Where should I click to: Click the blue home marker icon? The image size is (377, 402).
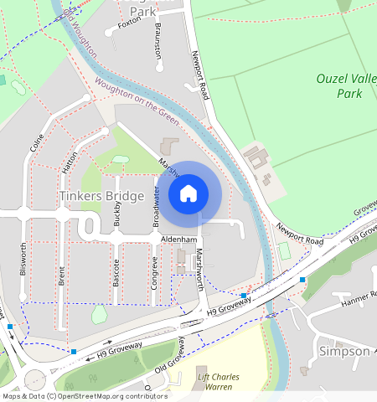[188, 193]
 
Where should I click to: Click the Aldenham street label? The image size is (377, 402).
[178, 240]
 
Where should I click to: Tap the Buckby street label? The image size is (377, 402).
[117, 214]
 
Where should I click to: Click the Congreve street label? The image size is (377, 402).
[154, 272]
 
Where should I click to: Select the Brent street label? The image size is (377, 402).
[62, 277]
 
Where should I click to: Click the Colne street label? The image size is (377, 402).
[36, 142]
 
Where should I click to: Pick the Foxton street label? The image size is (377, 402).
[129, 23]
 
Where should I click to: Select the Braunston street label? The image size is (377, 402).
[157, 39]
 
